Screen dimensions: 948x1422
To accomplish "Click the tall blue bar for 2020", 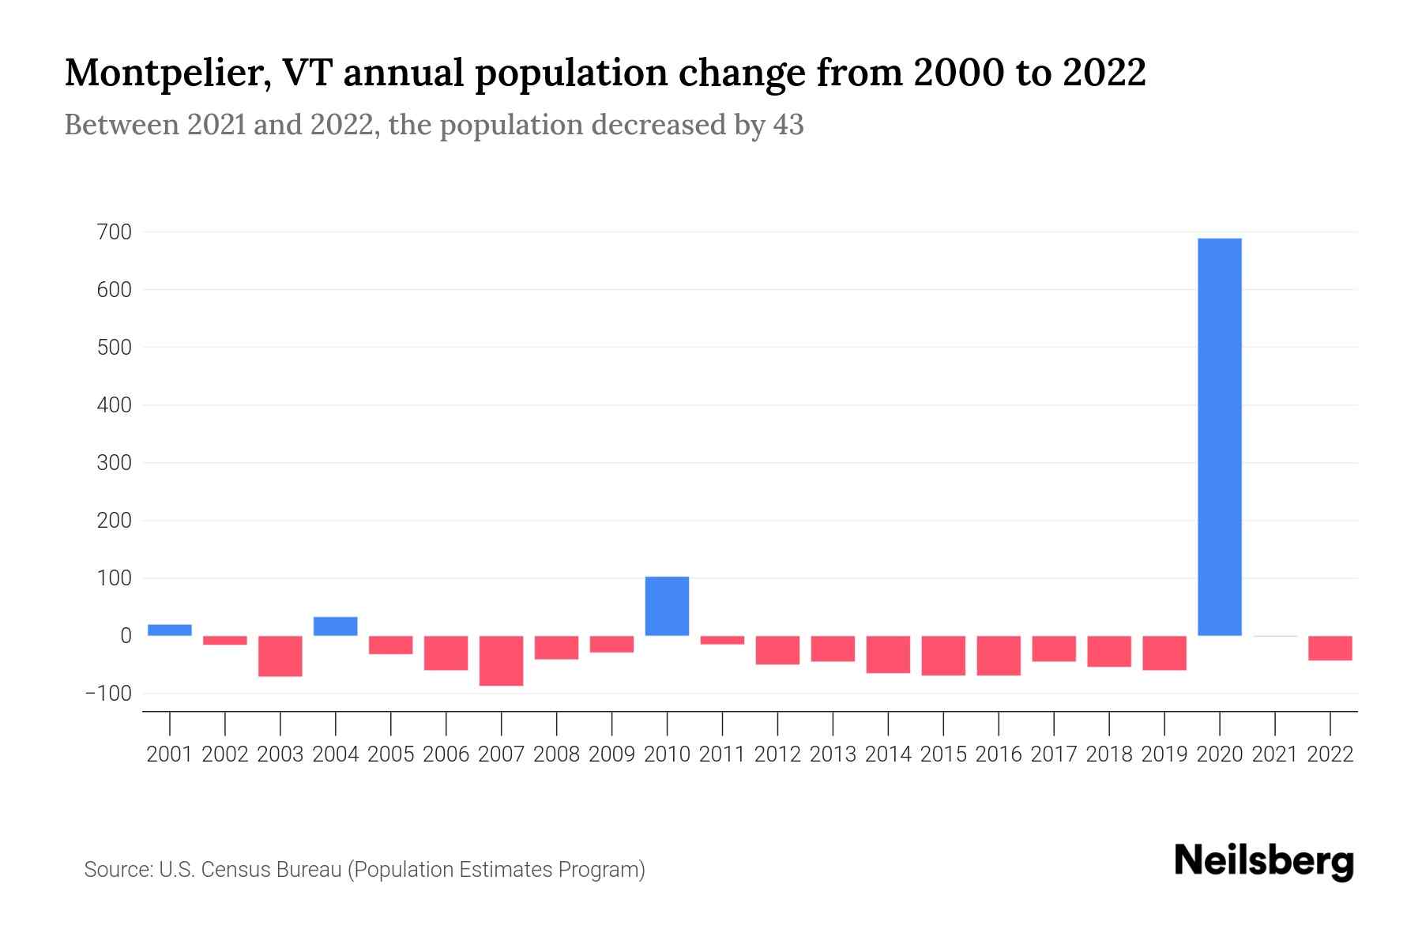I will pyautogui.click(x=1220, y=437).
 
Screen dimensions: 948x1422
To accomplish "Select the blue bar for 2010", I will pyautogui.click(x=667, y=606).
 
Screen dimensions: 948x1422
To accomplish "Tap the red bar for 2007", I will pyautogui.click(x=501, y=660).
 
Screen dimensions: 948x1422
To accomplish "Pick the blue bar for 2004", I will pyautogui.click(x=335, y=626).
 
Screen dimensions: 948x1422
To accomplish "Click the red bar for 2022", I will pyautogui.click(x=1330, y=648).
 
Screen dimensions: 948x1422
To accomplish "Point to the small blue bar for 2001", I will pyautogui.click(x=170, y=630).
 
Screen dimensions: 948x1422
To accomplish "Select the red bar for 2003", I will pyautogui.click(x=280, y=656).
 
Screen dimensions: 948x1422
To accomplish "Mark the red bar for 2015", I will pyautogui.click(x=943, y=655).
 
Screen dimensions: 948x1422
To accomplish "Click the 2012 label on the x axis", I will pyautogui.click(x=777, y=754).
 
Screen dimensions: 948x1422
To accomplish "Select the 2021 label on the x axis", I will pyautogui.click(x=1275, y=754).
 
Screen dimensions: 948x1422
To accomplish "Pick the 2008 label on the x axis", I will pyautogui.click(x=556, y=754).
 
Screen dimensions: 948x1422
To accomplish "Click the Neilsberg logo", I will pyautogui.click(x=1264, y=861).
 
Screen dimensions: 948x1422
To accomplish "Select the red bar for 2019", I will pyautogui.click(x=1164, y=653).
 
